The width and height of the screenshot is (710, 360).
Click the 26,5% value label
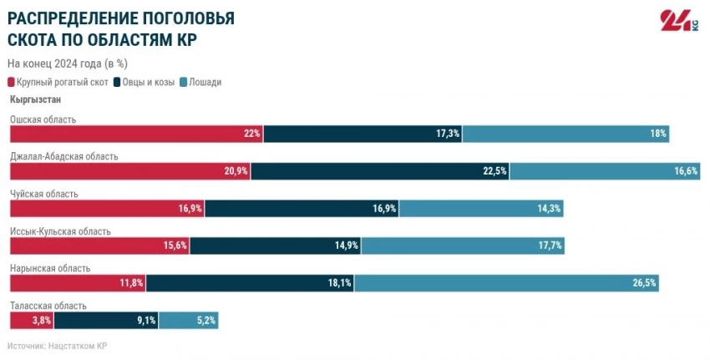(645, 283)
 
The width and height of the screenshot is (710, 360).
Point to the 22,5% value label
(494, 171)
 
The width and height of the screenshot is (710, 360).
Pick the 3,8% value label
(42, 320)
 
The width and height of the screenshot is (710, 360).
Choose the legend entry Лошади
(205, 82)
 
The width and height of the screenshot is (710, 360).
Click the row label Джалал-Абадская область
(63, 156)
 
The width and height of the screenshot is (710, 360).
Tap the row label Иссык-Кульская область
(60, 231)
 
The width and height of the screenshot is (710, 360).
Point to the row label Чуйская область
(43, 194)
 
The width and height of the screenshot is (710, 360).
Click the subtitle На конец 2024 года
(67, 63)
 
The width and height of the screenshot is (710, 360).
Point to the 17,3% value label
(448, 134)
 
